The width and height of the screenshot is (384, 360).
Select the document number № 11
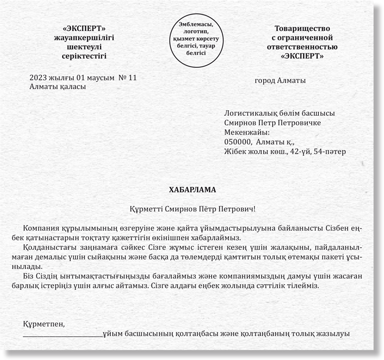[x=127, y=78]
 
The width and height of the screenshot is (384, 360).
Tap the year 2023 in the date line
[x=38, y=78]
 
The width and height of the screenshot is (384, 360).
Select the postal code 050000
[x=239, y=142]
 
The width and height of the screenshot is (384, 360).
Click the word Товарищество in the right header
[x=302, y=28]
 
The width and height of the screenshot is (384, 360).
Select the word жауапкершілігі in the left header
[x=84, y=37]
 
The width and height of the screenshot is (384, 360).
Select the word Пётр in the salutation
[x=206, y=208]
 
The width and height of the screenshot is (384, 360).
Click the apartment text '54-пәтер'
[x=331, y=152]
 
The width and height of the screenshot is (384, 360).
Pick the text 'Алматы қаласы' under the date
[x=58, y=86]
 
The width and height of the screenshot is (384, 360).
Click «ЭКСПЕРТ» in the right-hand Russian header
[x=302, y=56]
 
